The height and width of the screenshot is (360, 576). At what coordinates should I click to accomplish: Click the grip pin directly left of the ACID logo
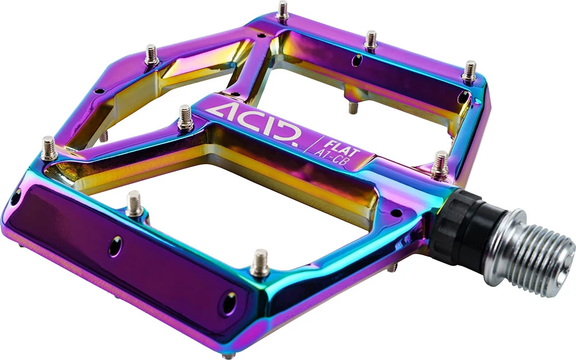pos(185,118)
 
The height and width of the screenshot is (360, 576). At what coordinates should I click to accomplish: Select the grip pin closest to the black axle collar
pos(440,164)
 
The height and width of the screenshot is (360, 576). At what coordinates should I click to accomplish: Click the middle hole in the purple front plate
pos(117,246)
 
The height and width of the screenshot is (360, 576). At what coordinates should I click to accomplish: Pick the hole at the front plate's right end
pos(229,302)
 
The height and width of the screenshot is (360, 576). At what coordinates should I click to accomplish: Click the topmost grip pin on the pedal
pos(283,12)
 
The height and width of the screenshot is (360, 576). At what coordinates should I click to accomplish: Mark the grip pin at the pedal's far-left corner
pos(49,149)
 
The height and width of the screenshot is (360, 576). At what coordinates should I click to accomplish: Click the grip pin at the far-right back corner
pos(469,72)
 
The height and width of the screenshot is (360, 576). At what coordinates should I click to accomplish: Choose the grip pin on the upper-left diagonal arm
pos(151,55)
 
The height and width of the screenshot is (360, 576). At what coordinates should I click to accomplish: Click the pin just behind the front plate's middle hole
pos(134,204)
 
